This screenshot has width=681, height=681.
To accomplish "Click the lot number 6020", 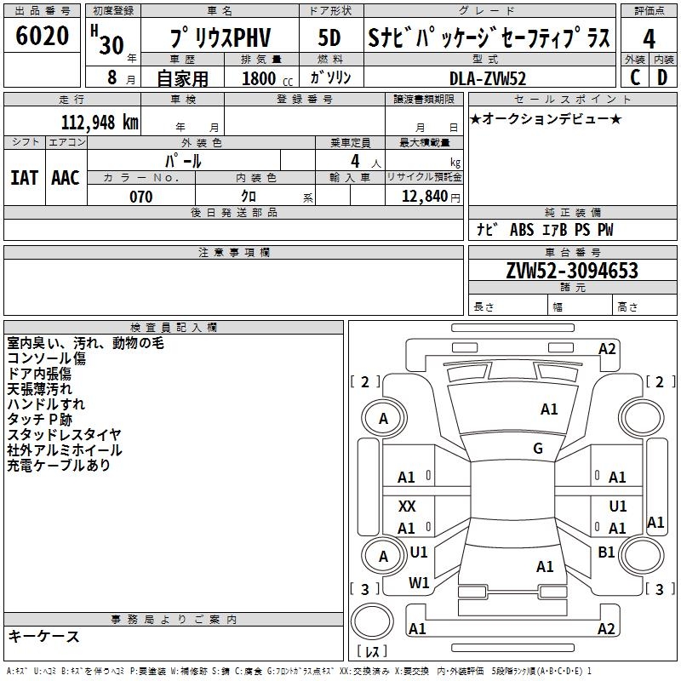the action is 43,36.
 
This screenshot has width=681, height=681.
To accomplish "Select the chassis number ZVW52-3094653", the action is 572,271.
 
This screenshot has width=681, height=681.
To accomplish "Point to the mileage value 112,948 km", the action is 100,122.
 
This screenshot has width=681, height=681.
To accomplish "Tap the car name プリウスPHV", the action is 220,38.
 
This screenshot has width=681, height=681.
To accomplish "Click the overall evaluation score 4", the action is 650,38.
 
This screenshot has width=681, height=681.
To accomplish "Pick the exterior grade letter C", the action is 635,77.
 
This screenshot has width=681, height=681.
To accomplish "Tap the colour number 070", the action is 140,197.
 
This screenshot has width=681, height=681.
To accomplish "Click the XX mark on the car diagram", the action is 407,506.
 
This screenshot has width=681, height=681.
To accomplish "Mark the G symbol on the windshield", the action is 538,449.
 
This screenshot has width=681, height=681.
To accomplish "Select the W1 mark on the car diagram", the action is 419,583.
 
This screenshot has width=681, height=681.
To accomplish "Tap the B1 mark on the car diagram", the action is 606,552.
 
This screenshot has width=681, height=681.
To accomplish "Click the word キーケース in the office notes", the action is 43,637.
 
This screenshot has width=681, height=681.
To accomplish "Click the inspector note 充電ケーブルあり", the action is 59,466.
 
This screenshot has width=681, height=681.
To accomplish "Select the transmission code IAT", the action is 24,177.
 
